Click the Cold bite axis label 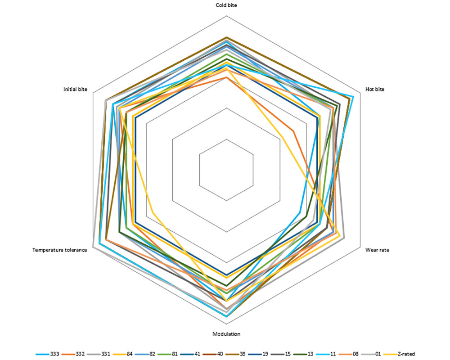tap(226, 5)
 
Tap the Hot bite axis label tap(374, 90)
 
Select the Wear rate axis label tap(377, 250)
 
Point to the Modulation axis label tap(226, 334)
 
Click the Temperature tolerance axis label tap(59, 250)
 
